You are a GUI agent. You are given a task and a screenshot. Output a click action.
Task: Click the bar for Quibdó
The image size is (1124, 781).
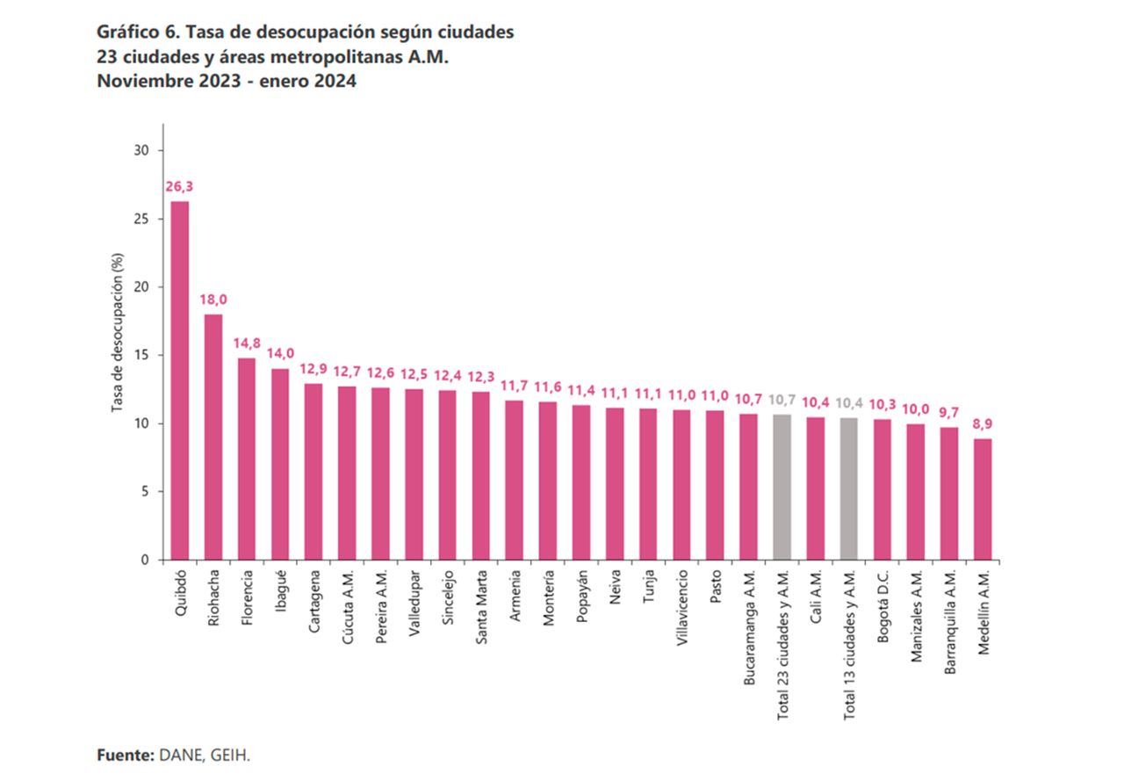pos(180,380)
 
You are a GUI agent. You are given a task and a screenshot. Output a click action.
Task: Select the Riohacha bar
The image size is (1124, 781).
pos(213,437)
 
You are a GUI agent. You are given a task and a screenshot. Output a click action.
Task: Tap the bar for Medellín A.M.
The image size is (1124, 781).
pos(983,499)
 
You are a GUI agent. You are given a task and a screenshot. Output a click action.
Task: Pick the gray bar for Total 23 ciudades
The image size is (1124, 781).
pos(782,487)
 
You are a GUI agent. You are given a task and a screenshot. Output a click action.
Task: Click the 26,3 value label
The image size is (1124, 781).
pos(180,186)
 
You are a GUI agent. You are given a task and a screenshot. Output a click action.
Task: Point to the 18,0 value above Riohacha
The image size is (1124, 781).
pos(213,300)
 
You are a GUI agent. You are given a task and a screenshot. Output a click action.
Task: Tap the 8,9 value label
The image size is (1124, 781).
pos(983,423)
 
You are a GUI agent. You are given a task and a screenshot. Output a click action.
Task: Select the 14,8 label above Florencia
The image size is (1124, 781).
pos(247,343)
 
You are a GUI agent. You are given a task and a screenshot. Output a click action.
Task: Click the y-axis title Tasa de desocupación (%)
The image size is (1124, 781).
pos(117,334)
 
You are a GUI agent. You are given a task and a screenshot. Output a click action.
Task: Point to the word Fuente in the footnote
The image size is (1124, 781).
pos(124,755)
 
